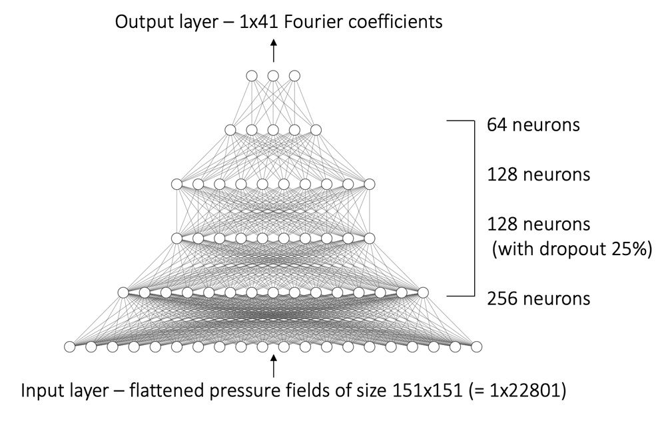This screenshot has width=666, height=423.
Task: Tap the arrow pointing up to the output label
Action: [x=274, y=51]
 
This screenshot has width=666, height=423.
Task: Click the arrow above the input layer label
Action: [x=274, y=366]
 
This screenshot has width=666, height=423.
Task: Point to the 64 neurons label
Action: [x=533, y=125]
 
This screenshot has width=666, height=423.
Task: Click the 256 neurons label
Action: [x=539, y=298]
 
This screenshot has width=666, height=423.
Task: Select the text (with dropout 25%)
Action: [x=571, y=249]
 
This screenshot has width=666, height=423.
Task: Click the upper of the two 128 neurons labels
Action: [x=539, y=175]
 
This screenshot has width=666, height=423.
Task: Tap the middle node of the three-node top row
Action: [x=273, y=76]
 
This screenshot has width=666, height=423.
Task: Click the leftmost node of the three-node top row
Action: [x=252, y=76]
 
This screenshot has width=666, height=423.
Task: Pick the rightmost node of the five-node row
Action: [x=316, y=130]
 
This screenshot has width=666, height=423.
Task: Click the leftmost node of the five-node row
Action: [x=230, y=130]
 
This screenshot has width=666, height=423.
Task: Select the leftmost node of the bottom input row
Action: [x=70, y=347]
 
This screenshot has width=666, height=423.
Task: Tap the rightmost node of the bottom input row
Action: [x=477, y=347]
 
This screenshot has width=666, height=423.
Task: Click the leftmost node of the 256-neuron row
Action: [x=123, y=292]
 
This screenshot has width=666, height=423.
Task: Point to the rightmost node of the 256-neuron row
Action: [x=423, y=292]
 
